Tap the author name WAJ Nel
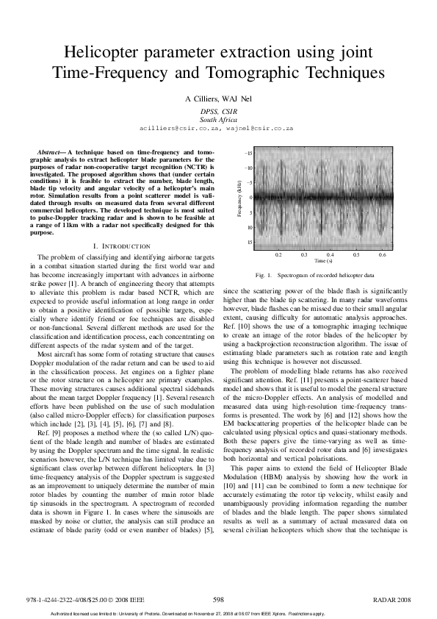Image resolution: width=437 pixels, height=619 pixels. point(237,99)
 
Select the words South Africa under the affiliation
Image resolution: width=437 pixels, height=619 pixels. point(218,119)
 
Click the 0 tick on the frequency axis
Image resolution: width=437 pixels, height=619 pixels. point(250,197)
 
